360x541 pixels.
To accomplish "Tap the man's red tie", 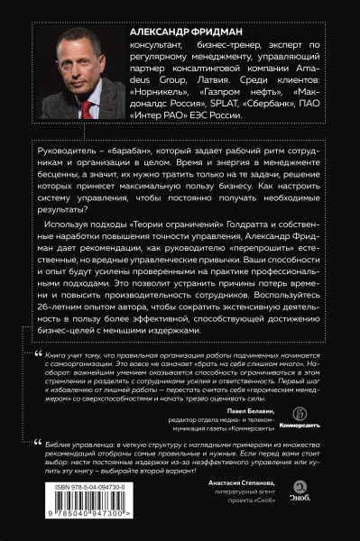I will tap(85, 108).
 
